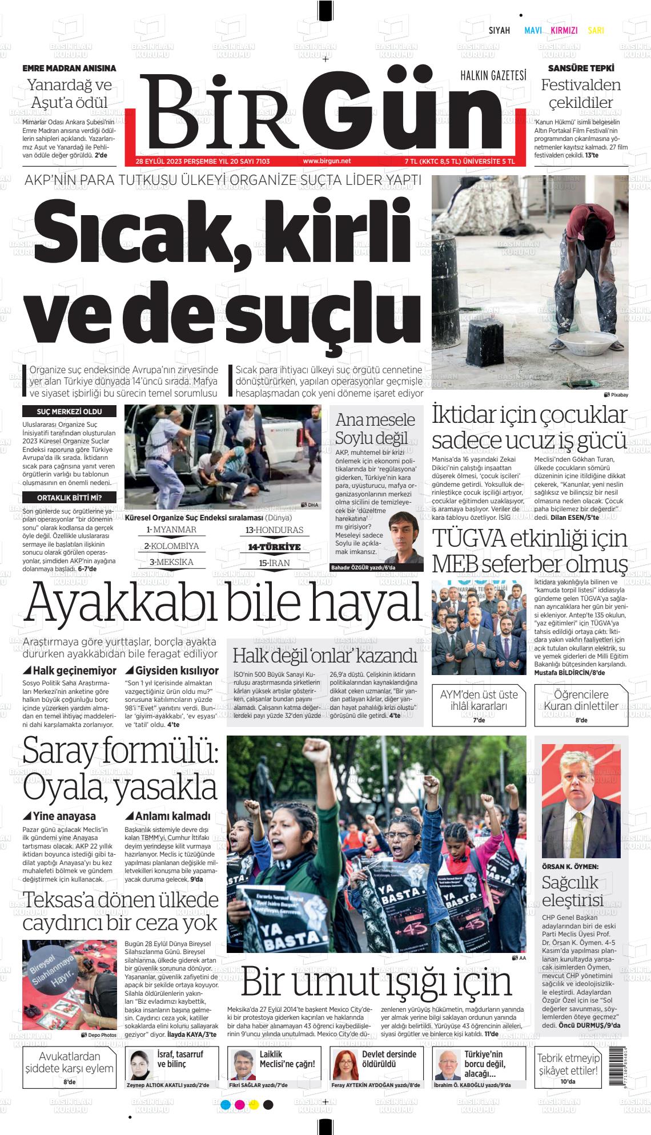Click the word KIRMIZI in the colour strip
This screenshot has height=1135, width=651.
pos(564,31)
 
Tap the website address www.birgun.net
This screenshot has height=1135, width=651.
pos(327,161)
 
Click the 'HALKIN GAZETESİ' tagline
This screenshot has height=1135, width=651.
pos(493,75)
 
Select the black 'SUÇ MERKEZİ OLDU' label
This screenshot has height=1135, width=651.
pos(69,411)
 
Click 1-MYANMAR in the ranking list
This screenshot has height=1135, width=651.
pos(171,530)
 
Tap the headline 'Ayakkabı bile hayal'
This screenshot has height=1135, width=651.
pos(223,603)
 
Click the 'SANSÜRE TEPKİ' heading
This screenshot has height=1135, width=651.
pos(581,68)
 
